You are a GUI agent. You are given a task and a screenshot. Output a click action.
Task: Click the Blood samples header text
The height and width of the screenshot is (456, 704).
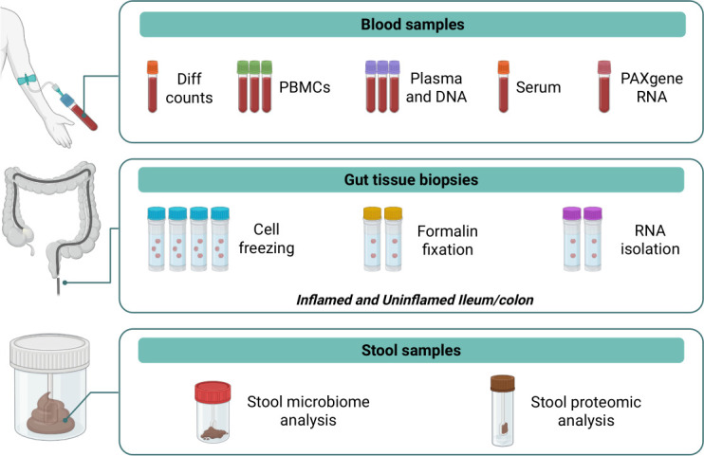[412, 25]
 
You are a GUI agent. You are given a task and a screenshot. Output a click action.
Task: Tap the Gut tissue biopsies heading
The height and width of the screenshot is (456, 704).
[411, 179]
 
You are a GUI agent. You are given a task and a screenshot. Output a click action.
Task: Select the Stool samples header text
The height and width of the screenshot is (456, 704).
[411, 350]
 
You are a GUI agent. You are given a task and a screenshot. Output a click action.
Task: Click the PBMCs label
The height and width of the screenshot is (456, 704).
[305, 87]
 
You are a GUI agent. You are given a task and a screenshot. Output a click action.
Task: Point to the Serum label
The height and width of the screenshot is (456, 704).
[538, 87]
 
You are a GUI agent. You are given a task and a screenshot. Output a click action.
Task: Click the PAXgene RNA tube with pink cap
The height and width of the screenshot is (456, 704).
[603, 86]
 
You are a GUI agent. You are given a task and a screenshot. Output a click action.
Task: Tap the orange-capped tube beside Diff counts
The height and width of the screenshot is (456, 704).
[153, 86]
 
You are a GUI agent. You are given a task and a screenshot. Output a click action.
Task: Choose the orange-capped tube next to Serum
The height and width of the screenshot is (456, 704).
[503, 86]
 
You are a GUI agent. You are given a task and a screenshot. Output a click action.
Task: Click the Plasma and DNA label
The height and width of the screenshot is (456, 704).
[435, 87]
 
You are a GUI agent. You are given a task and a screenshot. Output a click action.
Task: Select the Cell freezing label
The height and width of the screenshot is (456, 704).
[267, 238]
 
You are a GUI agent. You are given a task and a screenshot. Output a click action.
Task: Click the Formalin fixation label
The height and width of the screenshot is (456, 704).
[447, 240]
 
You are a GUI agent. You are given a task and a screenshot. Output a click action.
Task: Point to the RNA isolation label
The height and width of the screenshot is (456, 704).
[650, 240]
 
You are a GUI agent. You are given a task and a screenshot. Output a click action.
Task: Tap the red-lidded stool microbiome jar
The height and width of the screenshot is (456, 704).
[213, 412]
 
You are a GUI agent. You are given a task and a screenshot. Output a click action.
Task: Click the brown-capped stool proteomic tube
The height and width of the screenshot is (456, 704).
[503, 410]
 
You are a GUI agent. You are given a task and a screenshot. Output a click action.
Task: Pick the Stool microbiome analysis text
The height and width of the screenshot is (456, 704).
[308, 410]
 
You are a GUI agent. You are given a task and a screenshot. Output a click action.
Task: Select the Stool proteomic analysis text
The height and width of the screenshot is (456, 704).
[585, 411]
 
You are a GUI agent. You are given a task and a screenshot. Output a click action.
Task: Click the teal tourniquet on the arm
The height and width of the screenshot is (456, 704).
[27, 80]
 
